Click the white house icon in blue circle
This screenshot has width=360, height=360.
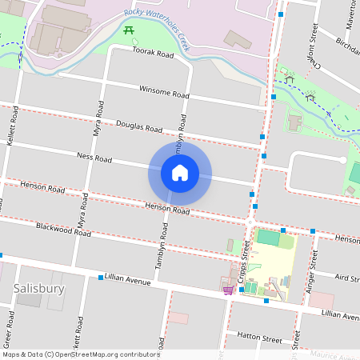179,173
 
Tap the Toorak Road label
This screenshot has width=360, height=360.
154,54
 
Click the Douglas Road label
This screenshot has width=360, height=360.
139,126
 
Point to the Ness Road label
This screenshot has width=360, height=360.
94,157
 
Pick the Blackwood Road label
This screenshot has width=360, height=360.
63,229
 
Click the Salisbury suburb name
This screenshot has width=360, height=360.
39,287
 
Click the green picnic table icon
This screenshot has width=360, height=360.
129,30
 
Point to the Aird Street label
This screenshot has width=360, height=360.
347,278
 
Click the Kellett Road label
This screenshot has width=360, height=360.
11,129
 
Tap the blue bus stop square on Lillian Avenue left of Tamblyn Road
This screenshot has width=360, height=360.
101,278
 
